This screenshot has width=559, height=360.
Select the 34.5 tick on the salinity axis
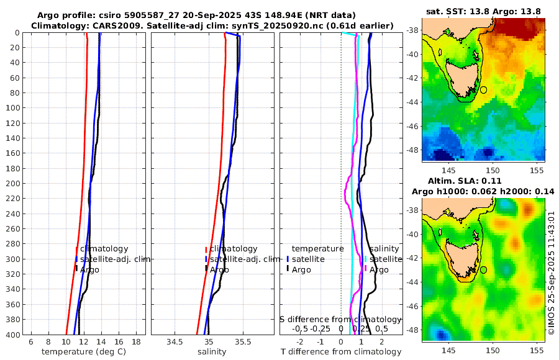click(x=175, y=342)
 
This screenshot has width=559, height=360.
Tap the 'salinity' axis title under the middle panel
click(x=212, y=352)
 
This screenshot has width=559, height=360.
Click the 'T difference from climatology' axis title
click(x=342, y=352)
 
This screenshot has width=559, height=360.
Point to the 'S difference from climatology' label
click(x=341, y=318)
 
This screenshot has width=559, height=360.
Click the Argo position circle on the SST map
click(x=484, y=90)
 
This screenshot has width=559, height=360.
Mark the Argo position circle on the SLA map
click(x=484, y=270)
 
